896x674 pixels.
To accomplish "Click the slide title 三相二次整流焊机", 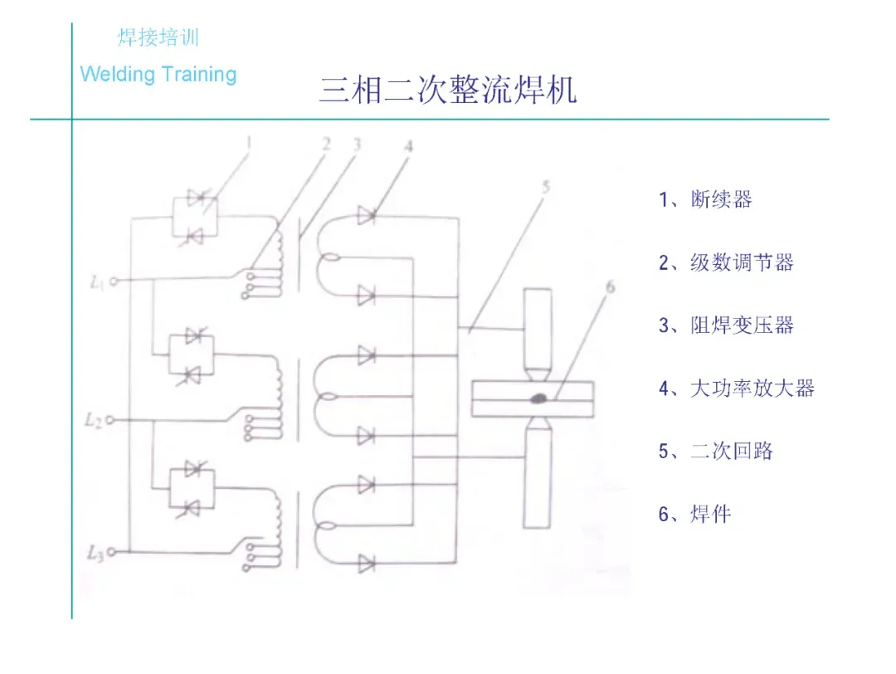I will pos(447,90).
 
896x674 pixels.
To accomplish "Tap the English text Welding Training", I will pos(158,75).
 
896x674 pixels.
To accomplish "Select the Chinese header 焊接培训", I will pos(158,38).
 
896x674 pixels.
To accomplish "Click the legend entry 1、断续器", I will pos(705,199).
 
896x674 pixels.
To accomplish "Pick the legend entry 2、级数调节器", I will pos(726,263).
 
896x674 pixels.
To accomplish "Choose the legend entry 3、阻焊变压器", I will pos(726,325).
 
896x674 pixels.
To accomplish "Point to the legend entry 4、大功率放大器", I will pos(737,388).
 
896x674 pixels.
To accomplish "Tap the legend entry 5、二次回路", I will pos(715,452).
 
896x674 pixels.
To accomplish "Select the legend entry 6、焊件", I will pos(694,515).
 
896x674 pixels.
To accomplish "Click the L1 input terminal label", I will pos(96,282).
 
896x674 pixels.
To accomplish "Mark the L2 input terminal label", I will pos(94,421).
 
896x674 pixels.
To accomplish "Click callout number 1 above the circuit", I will pos(248,143).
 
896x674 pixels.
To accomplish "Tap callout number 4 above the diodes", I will pos(408,146).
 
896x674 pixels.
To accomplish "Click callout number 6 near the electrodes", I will pos(611,288).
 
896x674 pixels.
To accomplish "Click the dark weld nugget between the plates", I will pos(538,398).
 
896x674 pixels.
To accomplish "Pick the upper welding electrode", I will pos(537,328).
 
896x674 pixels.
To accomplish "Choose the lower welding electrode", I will pos(537,477).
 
